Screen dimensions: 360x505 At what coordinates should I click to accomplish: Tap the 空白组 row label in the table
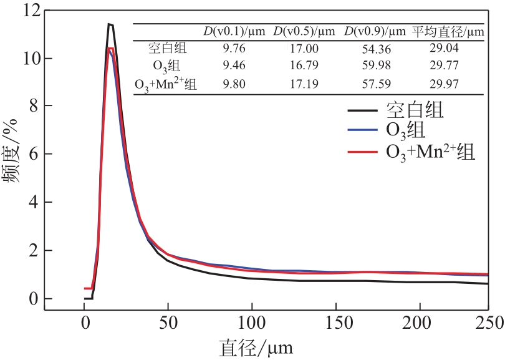(168, 48)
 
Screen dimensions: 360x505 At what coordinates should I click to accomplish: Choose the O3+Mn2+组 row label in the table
(166, 84)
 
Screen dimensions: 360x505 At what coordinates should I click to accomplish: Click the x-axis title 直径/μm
(256, 347)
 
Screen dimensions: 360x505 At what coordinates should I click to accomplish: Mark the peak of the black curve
(109, 24)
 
